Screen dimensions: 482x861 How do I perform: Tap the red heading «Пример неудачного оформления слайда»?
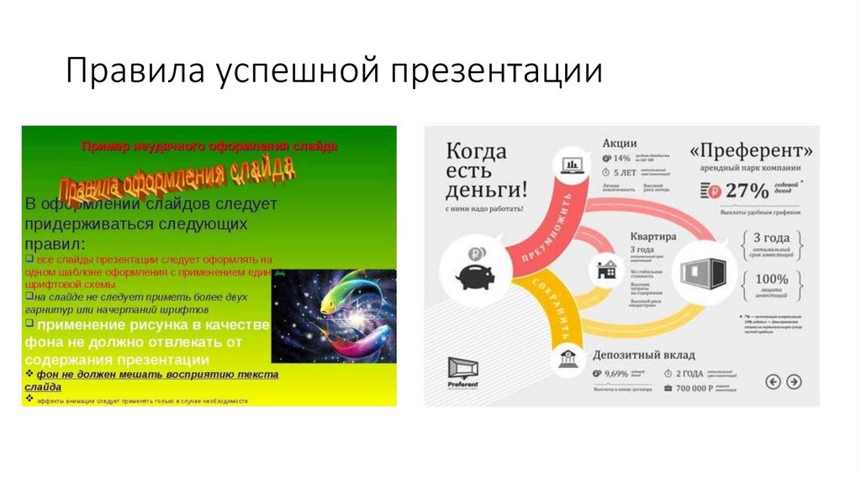coord(209,146)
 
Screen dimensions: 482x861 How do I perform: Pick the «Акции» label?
coord(620,143)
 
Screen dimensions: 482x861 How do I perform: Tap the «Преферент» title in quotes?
coord(751,151)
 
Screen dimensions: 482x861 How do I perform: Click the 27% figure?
coord(747,191)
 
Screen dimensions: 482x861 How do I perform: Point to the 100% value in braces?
coord(770,279)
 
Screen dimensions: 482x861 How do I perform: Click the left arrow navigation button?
coord(773,382)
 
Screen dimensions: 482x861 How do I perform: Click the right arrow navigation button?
coord(793,382)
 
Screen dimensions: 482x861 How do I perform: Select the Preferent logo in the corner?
coord(462,370)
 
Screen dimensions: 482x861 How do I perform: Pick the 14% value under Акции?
coord(621,158)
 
